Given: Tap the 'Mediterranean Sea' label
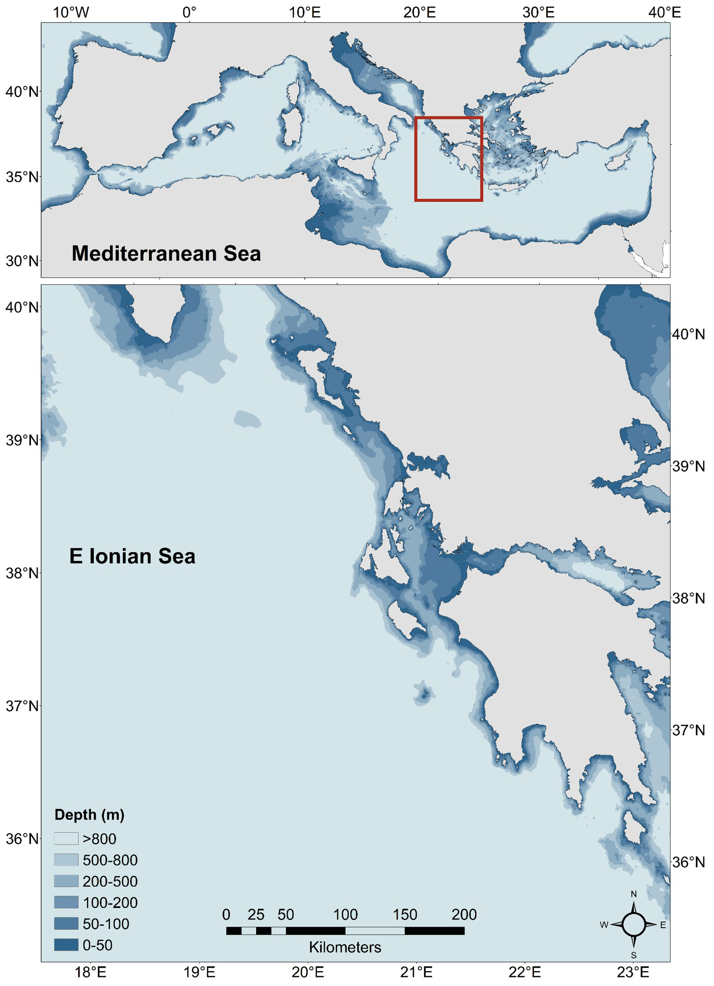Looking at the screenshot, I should (166, 253).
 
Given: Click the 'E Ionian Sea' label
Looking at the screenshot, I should (132, 556).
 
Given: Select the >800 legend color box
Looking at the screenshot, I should (66, 839).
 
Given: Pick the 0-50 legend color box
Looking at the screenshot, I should (66, 945).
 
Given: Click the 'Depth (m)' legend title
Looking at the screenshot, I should (89, 815).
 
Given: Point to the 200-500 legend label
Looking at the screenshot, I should (110, 882).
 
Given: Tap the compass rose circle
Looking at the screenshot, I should (633, 924).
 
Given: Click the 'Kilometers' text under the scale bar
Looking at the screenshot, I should (345, 947).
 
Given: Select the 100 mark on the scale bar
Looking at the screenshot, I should (345, 914).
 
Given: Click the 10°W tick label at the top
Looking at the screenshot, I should (70, 12).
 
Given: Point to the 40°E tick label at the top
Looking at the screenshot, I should (665, 12).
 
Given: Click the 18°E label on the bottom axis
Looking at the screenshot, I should (91, 972).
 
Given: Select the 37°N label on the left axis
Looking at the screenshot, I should (22, 706).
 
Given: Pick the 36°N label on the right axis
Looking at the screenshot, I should (688, 862).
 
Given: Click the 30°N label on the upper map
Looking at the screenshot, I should (22, 261).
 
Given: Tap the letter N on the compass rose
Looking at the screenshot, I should (633, 894).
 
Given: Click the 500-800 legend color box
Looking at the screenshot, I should (66, 860).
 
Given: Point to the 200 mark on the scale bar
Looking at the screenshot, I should (464, 914).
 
